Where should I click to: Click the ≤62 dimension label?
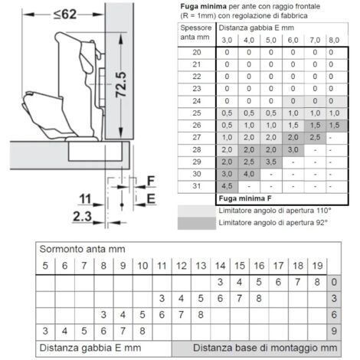tap(65, 14)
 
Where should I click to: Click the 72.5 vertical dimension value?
tap(121, 84)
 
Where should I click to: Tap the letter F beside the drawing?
tap(151, 181)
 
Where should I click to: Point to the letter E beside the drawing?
tap(151, 198)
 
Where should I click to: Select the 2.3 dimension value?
tap(82, 217)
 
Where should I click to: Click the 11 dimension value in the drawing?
tap(85, 199)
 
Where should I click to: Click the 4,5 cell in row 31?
tap(227, 186)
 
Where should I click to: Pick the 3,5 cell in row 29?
tap(270, 162)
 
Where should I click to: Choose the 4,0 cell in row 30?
tap(249, 174)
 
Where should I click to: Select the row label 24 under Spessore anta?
tap(196, 101)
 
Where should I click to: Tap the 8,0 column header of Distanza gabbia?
tap(334, 40)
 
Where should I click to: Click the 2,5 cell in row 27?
tap(315, 137)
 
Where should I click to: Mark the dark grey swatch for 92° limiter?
tap(197, 223)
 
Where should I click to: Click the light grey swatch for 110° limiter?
tap(197, 211)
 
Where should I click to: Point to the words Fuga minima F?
tap(245, 198)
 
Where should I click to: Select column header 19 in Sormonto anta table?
tap(317, 266)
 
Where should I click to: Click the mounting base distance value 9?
tap(334, 331)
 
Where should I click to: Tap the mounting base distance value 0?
tap(334, 282)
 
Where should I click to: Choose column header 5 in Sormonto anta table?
tap(45, 266)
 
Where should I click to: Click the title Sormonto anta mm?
tap(82, 249)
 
